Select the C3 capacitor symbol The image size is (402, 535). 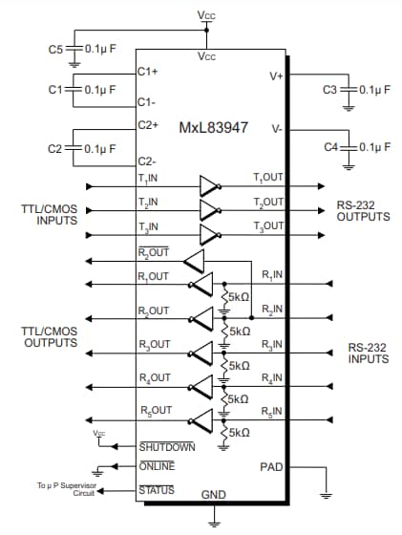[x=348, y=89]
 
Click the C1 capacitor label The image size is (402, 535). [x=54, y=89]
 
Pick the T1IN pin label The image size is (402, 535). [x=149, y=179]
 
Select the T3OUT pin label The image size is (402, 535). [x=268, y=225]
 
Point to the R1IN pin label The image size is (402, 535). [x=272, y=276]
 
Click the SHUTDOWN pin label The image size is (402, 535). [x=167, y=446]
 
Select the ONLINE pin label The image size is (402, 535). [x=157, y=465]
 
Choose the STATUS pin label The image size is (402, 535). [x=157, y=490]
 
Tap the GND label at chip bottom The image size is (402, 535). [x=213, y=496]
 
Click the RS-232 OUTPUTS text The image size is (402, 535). [x=362, y=210]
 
